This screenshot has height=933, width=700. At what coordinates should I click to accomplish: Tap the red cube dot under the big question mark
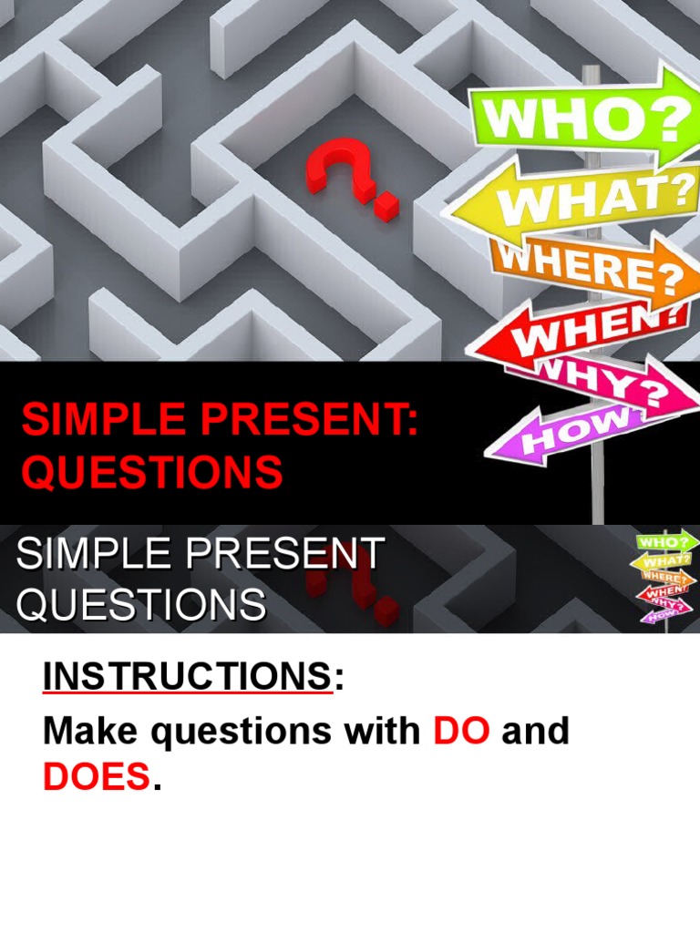tap(386, 205)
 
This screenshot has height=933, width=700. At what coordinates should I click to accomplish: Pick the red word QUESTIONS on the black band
tap(151, 472)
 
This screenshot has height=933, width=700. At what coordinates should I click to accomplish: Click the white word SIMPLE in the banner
tap(87, 555)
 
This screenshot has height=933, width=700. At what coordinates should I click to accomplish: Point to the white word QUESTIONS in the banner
tap(142, 605)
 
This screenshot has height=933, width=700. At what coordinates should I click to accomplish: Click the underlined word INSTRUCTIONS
tap(187, 679)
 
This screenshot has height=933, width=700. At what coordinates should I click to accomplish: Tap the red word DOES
tap(96, 777)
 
